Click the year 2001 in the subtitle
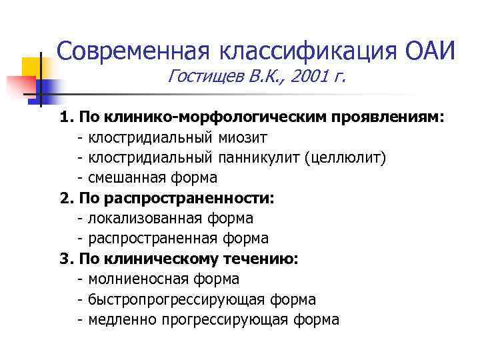313,79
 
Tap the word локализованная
139,219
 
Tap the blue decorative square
47,91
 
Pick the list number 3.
65,259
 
